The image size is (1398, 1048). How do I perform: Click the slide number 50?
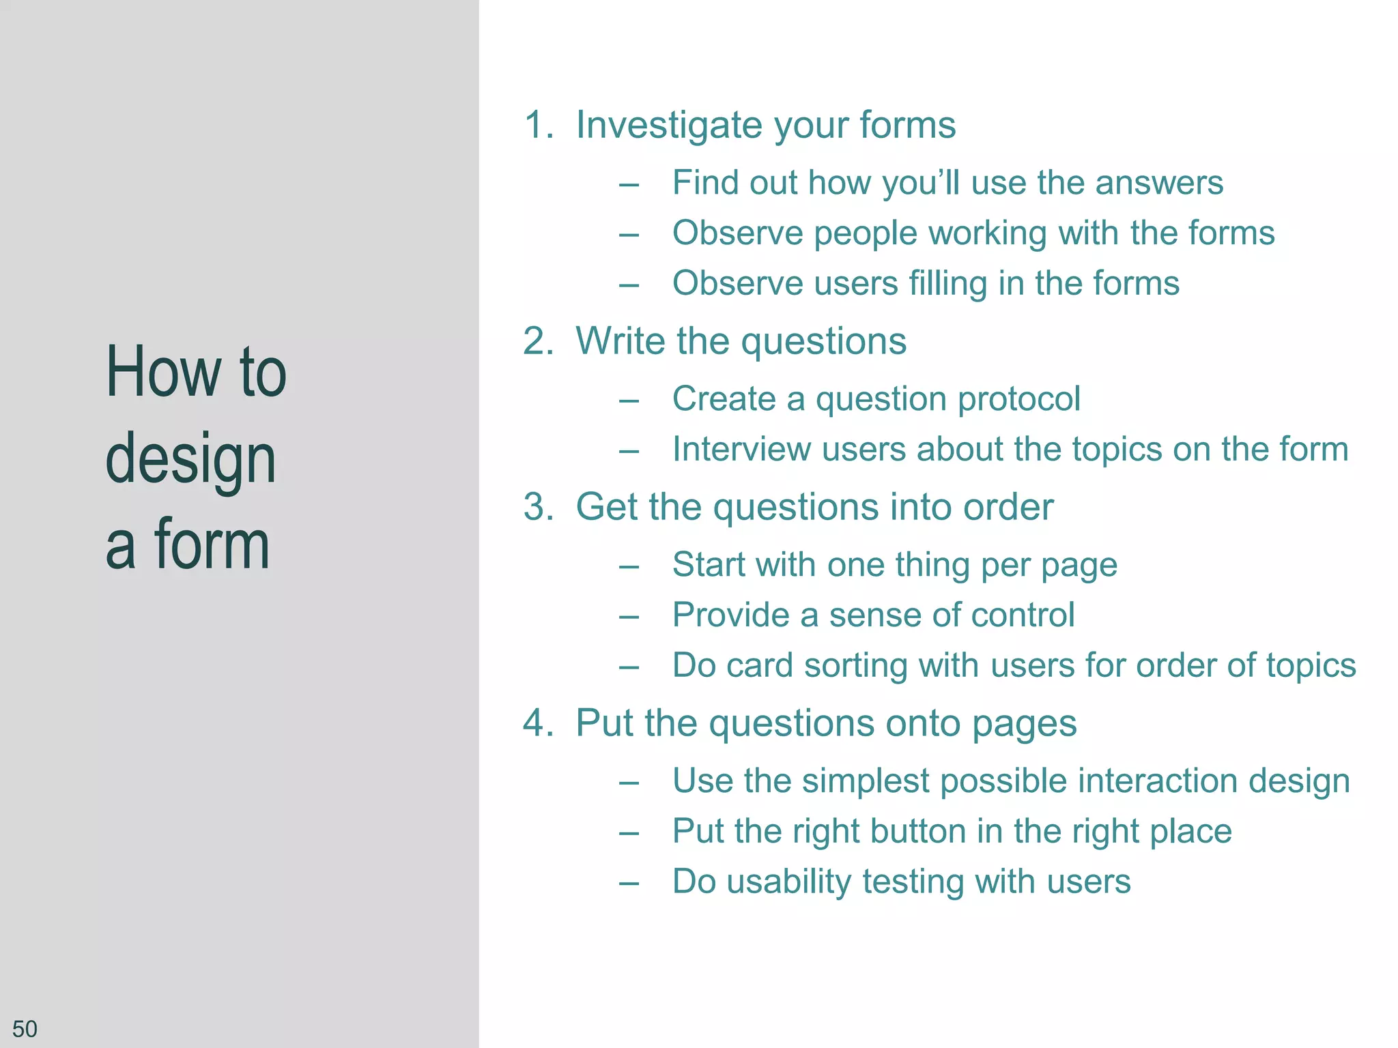click(25, 1028)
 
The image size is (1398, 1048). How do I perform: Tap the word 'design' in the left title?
click(190, 460)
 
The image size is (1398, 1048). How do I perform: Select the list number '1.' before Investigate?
click(539, 126)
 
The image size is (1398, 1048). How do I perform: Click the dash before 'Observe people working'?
click(629, 235)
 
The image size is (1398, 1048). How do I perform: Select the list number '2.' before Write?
click(539, 341)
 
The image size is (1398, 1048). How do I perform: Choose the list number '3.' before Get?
click(539, 508)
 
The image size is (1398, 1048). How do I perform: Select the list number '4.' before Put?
click(539, 723)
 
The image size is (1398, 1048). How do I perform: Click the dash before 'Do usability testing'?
click(629, 883)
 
